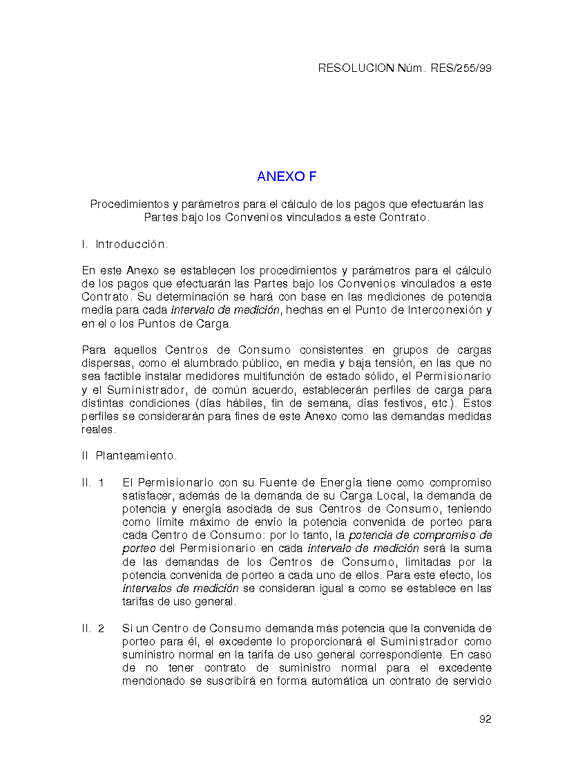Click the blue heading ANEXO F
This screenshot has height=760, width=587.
[287, 177]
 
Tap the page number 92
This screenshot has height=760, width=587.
[485, 719]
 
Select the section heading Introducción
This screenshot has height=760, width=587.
[131, 245]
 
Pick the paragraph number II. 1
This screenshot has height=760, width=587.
[93, 482]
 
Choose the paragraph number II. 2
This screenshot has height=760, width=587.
[93, 629]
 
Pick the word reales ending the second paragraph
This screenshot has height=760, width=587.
[98, 430]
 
